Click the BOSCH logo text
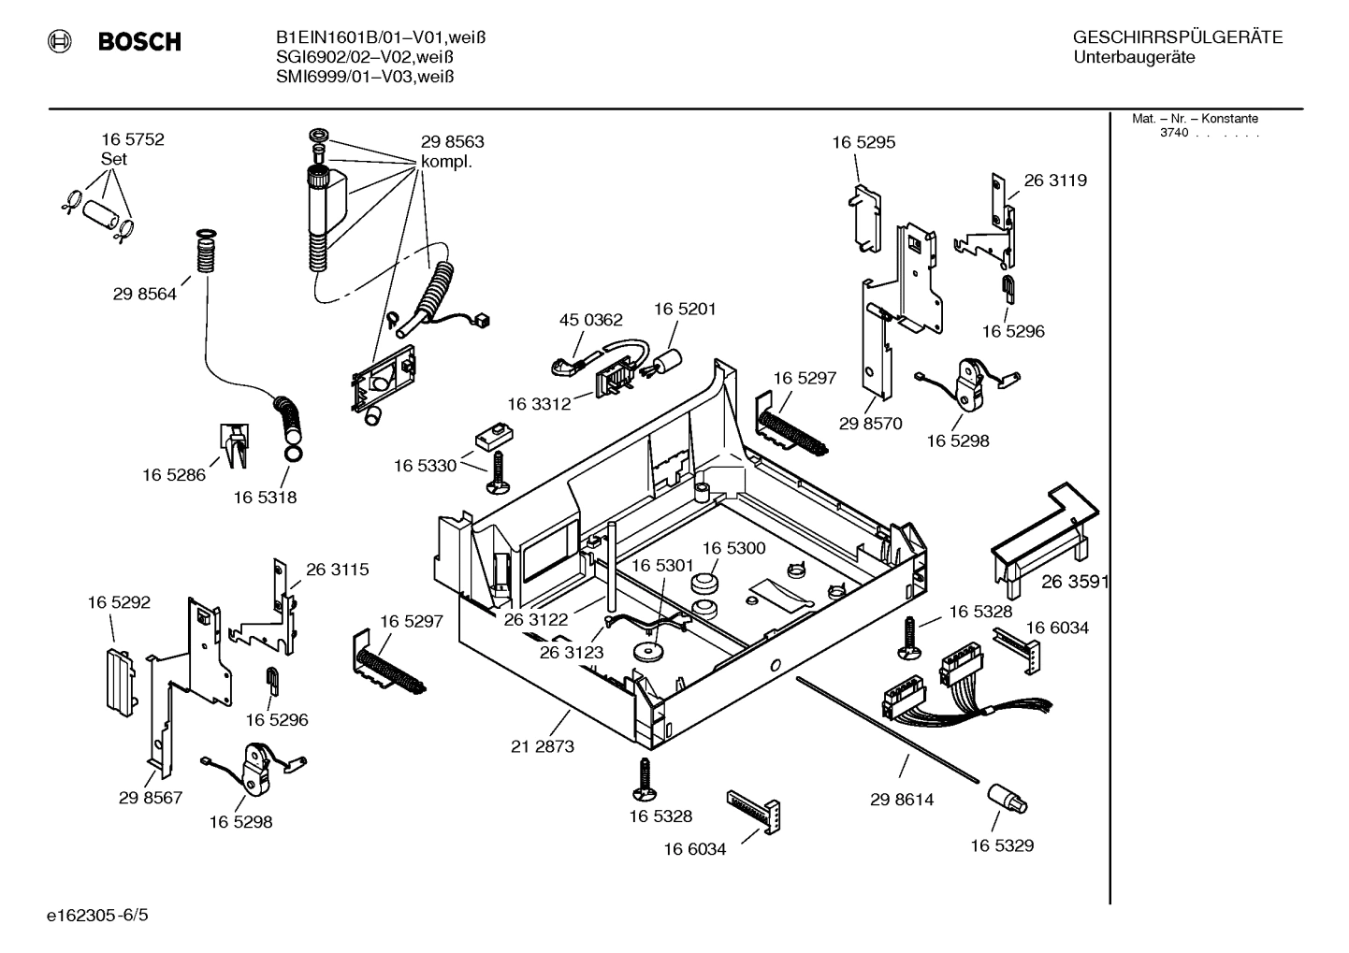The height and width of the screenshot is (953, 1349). coord(138,42)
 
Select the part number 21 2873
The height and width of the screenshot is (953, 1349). coord(543,746)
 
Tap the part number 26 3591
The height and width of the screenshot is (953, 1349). coord(1075,582)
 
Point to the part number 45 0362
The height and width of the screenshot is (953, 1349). coord(590,320)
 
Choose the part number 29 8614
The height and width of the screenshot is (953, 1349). coord(901,800)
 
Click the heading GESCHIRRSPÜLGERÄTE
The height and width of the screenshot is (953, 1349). coord(1178,37)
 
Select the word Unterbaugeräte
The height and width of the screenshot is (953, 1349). coord(1134,58)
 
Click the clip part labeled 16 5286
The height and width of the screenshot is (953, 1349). coord(234,442)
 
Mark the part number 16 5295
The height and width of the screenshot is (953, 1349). coord(863,142)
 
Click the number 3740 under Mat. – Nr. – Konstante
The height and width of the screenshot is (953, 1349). coord(1174,133)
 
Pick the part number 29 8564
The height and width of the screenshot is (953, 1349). coord(144,294)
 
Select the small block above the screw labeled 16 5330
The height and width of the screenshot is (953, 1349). coord(494,436)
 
